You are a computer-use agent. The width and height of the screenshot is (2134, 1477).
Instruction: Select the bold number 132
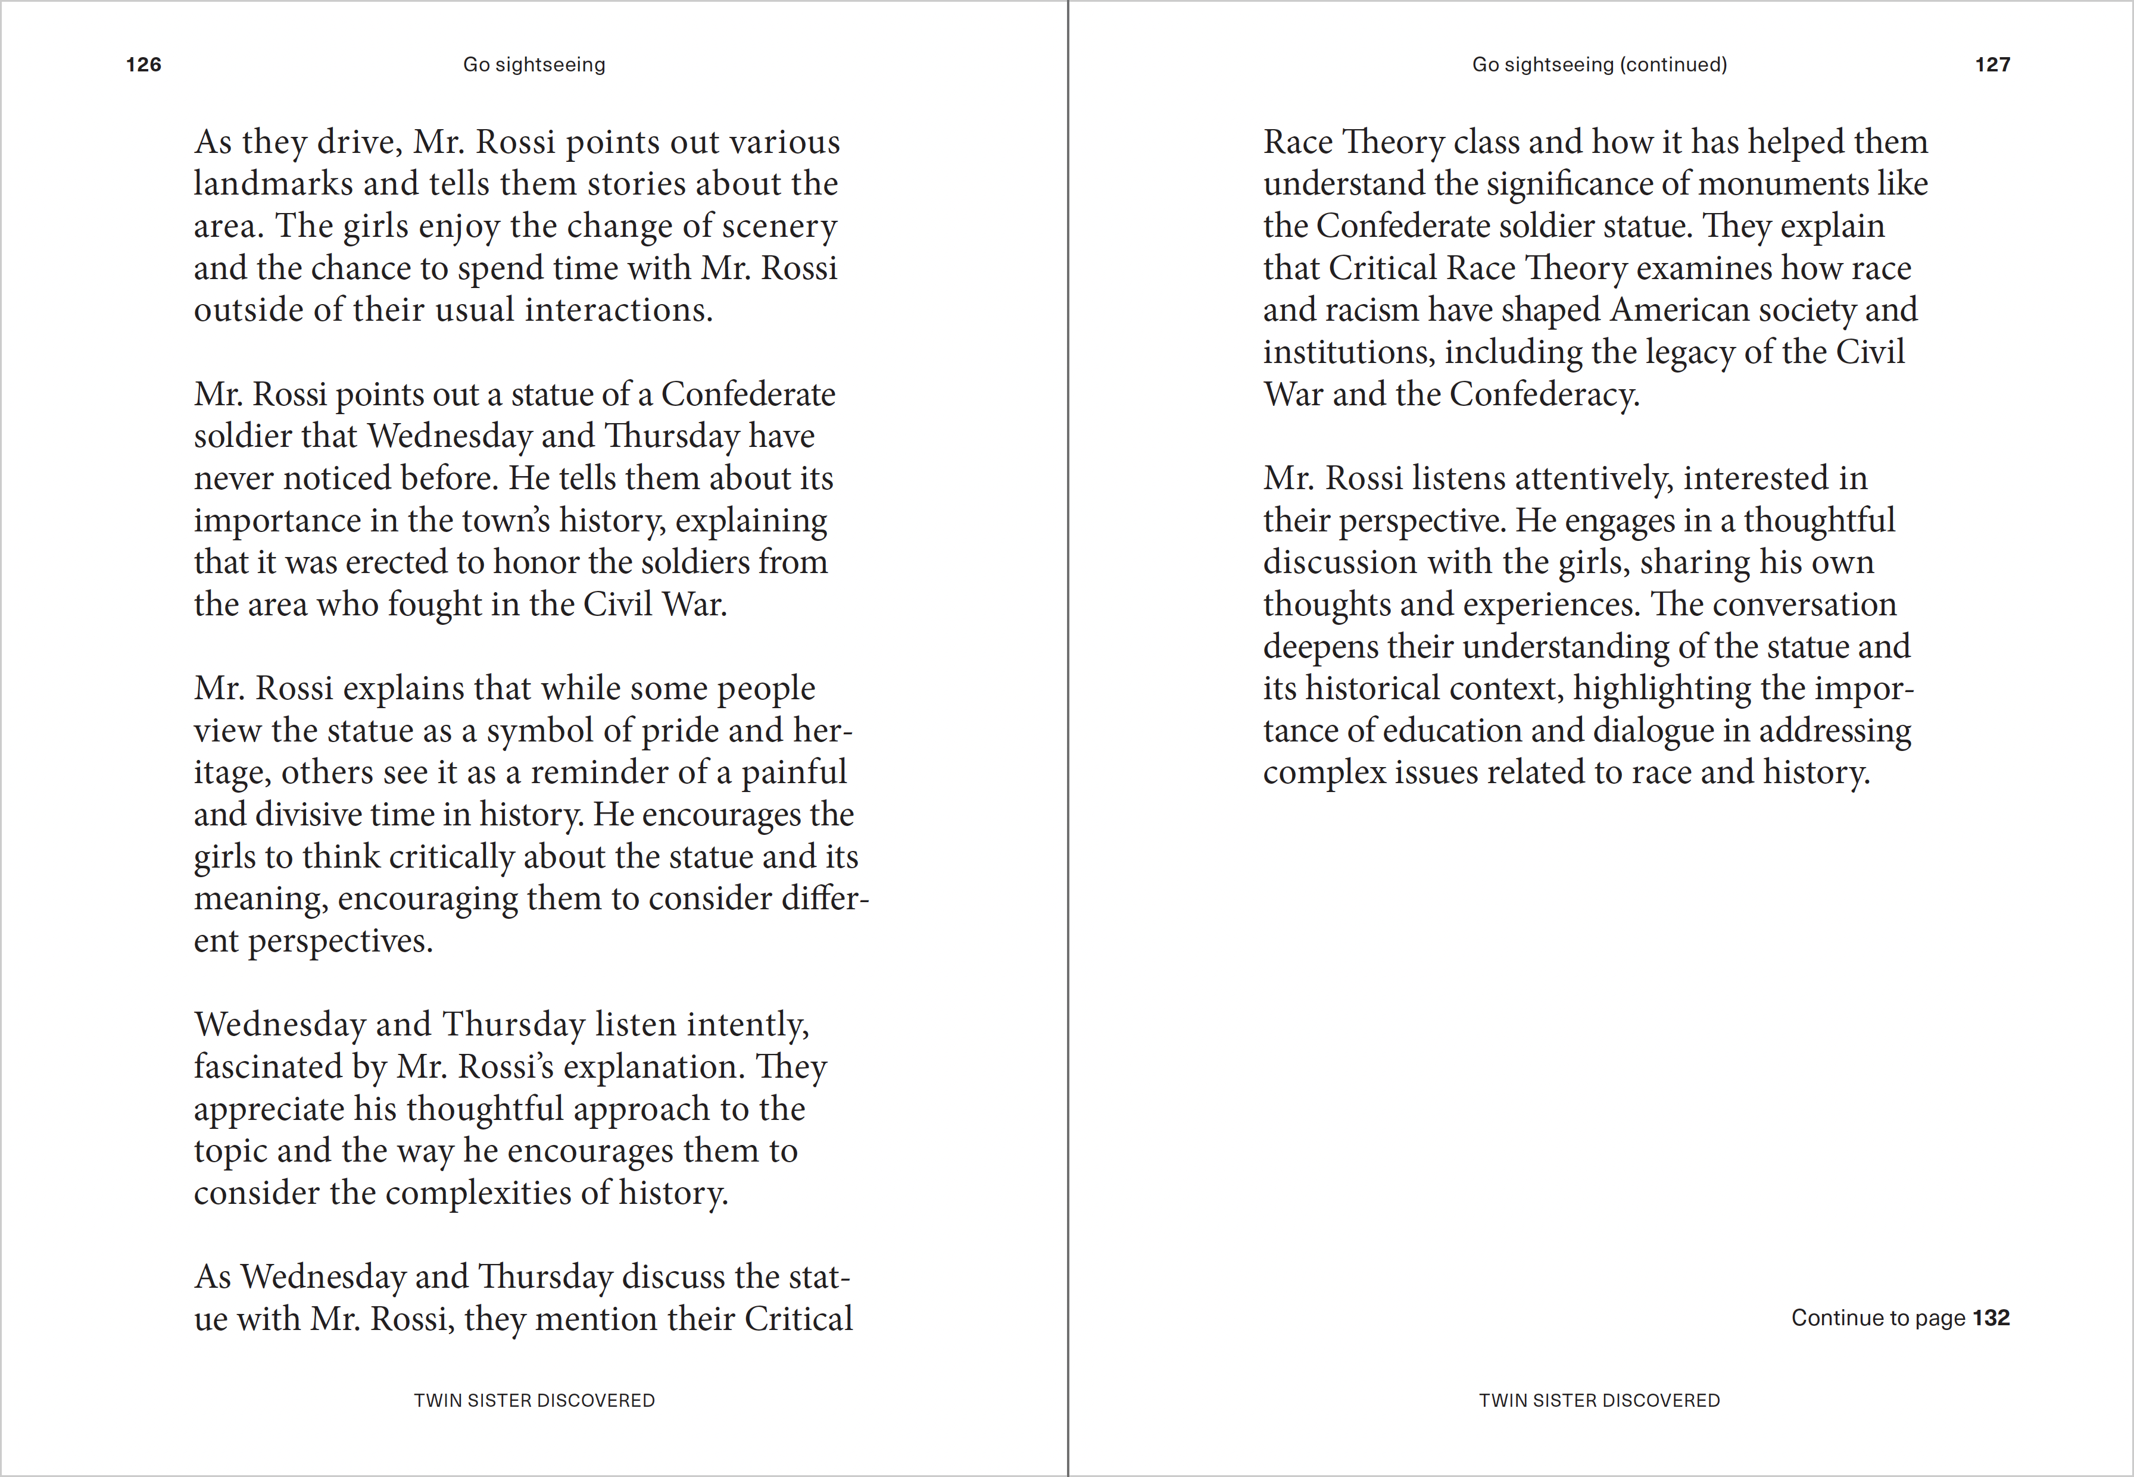click(x=1992, y=1318)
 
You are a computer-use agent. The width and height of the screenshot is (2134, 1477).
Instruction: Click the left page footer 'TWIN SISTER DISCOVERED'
click(x=534, y=1400)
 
